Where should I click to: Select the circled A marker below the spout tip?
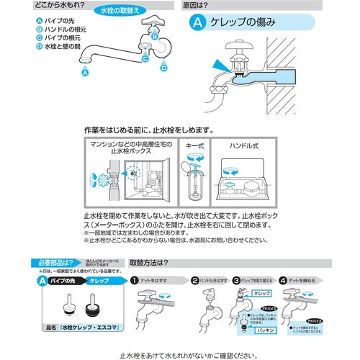pos(86,73)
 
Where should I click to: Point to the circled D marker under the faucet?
pos(163,67)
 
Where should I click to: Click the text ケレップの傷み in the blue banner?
pos(243,23)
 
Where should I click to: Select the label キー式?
pos(196,145)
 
